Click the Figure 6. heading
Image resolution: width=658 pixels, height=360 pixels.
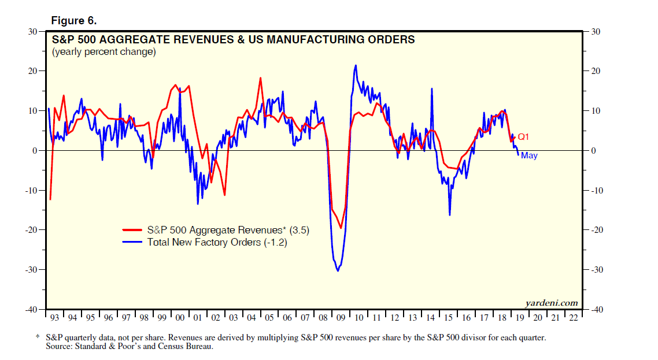click(x=74, y=21)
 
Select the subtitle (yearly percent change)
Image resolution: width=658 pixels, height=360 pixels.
click(x=103, y=52)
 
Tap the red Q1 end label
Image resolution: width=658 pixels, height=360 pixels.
click(x=524, y=137)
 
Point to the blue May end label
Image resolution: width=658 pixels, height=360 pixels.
click(x=529, y=155)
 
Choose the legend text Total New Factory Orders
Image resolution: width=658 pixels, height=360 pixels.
click(x=217, y=242)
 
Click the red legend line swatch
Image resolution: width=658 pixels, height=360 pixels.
click(x=132, y=231)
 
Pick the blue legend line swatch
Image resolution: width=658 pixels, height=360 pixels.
click(x=132, y=243)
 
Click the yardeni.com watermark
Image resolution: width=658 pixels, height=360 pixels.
click(x=551, y=303)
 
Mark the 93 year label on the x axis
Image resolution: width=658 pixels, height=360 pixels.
click(x=54, y=318)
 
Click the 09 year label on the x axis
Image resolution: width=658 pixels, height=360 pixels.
click(x=341, y=318)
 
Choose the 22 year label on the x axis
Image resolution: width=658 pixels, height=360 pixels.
click(x=573, y=318)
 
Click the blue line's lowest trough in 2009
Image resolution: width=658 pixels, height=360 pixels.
click(x=338, y=271)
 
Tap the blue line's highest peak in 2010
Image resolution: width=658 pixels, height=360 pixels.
click(x=356, y=65)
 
